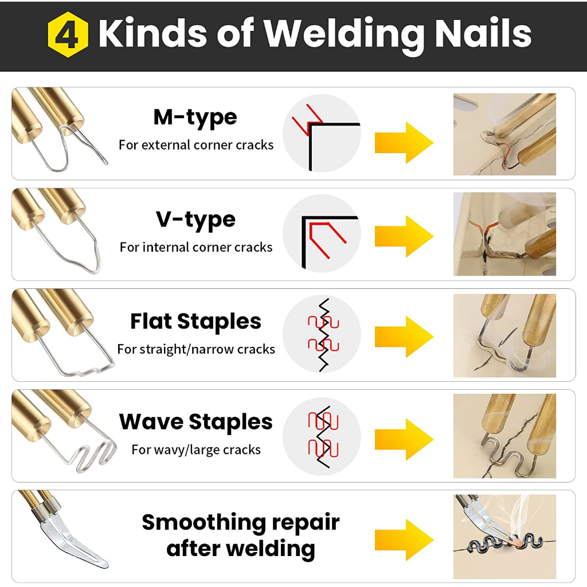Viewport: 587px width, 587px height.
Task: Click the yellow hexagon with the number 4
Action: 68,34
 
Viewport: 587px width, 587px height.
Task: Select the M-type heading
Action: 195,118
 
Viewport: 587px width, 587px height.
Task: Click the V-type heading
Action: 195,220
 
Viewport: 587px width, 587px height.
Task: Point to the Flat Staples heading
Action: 195,321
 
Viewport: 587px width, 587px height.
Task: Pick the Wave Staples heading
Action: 196,422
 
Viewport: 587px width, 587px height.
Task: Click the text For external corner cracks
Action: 196,145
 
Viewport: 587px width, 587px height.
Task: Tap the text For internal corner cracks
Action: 196,247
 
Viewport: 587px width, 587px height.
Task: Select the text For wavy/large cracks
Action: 196,449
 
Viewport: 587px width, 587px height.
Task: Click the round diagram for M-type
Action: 322,133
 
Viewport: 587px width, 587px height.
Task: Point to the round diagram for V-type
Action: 322,234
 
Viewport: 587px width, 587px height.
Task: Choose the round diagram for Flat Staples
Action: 322,334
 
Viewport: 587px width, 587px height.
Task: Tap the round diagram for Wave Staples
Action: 322,436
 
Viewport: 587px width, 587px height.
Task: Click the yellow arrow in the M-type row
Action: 404,143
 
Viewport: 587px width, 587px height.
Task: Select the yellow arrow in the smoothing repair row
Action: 404,540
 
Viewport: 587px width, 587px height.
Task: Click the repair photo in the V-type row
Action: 504,234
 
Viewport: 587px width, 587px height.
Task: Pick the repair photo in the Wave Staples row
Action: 504,436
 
